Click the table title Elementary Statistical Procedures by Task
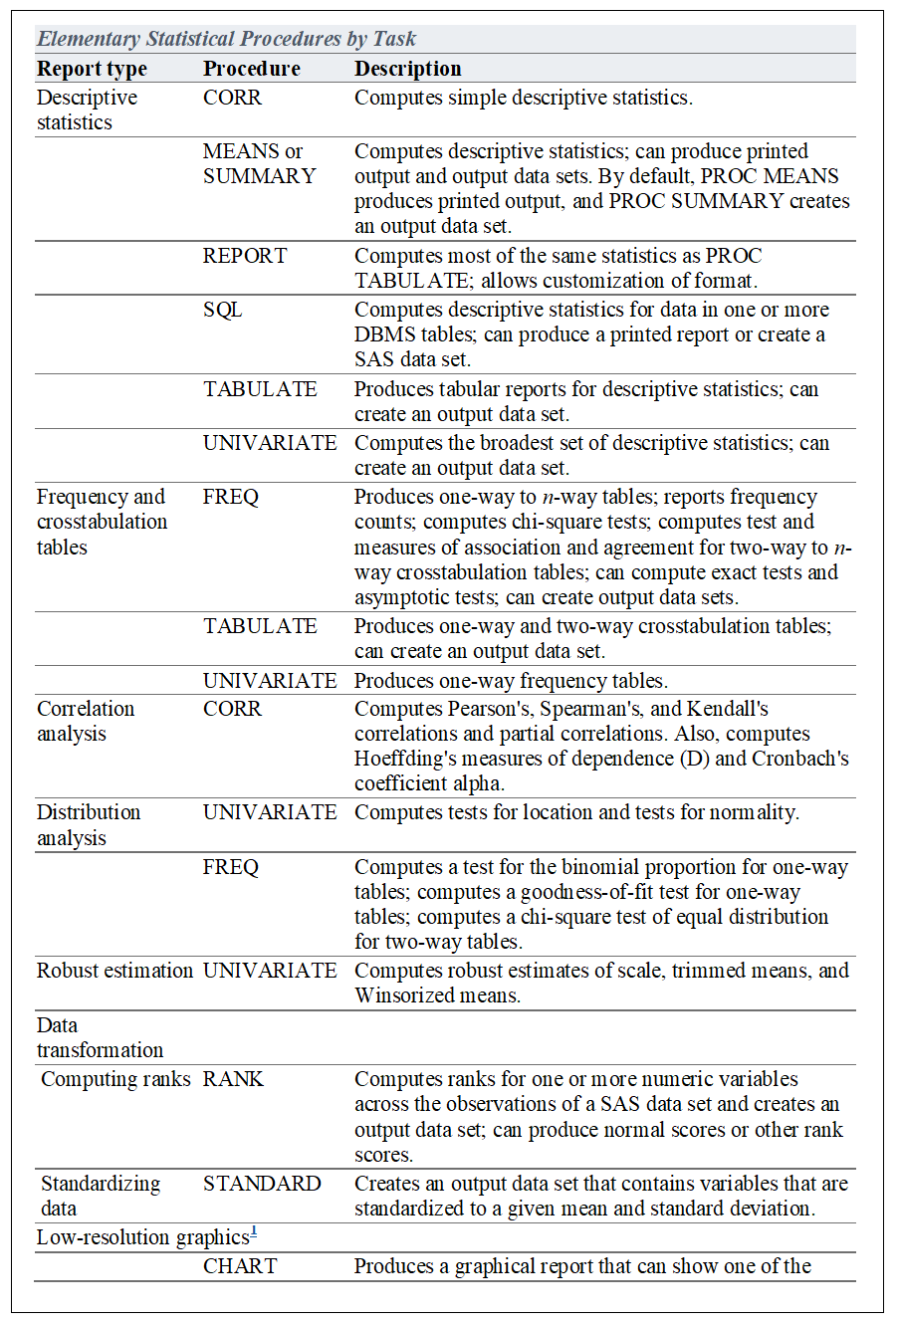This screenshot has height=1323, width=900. (227, 40)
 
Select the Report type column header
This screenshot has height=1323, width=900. (92, 69)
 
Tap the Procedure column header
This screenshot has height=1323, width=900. (251, 69)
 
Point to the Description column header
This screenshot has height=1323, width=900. (407, 69)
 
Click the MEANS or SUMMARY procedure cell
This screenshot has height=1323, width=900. (259, 163)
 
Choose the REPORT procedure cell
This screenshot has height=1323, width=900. (245, 256)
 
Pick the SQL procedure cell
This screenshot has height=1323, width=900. (223, 310)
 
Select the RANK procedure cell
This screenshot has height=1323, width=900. (233, 1079)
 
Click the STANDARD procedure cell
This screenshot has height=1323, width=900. (262, 1184)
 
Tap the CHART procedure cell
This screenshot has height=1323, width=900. (240, 1266)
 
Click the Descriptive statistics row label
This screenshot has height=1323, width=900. (87, 110)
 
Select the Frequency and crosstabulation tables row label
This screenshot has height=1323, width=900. (102, 522)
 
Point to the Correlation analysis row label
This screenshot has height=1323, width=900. (85, 721)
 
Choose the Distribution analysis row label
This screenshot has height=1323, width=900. (89, 824)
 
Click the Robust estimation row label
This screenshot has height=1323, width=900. (114, 971)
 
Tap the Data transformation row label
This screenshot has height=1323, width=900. (100, 1037)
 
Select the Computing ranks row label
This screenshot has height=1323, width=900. (115, 1079)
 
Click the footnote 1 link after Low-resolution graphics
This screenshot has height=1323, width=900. (253, 1232)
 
